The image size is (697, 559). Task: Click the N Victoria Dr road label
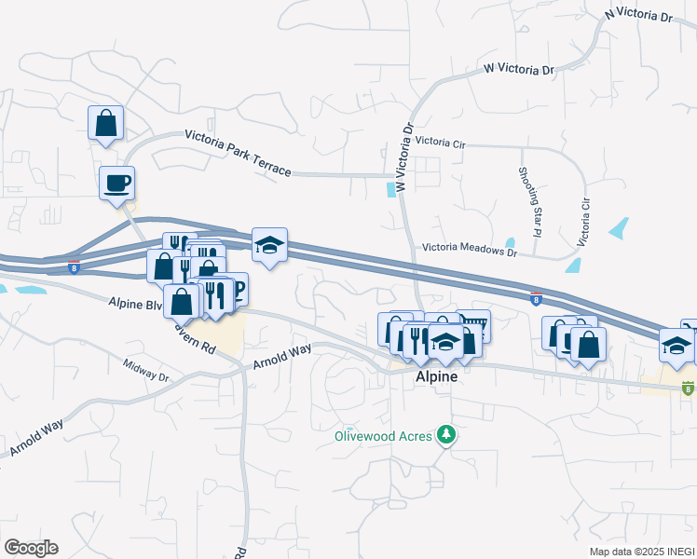point(638,15)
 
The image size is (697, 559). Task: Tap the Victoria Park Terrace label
point(238,151)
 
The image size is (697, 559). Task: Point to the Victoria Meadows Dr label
point(469,250)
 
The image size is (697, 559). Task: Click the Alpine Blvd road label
point(136,304)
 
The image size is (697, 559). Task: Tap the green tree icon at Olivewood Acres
point(448,434)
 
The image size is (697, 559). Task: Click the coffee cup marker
point(117,183)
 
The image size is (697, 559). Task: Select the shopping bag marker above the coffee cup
point(106,122)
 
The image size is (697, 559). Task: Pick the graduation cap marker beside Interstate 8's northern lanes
point(269,245)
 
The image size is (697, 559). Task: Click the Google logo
point(31,547)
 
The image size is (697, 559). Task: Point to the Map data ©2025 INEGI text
point(642,552)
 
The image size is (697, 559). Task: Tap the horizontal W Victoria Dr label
point(519,70)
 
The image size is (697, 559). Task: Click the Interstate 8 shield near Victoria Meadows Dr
point(536,300)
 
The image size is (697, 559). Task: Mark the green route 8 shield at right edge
point(688,388)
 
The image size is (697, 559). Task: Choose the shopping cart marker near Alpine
point(474,324)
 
